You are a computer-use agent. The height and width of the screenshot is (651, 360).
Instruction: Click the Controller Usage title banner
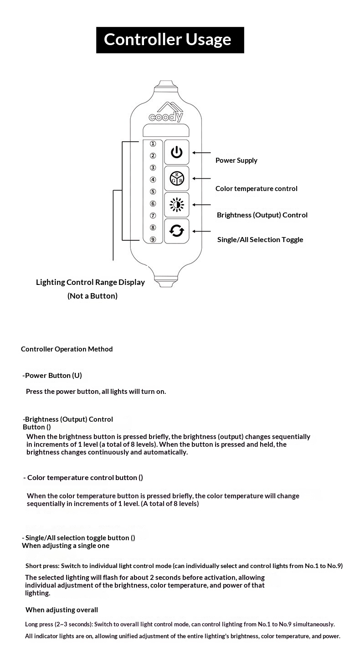pos(170,40)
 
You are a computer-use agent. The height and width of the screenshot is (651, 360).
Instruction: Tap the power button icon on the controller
pos(176,152)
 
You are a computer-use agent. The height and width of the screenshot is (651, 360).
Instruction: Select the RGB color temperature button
pos(176,178)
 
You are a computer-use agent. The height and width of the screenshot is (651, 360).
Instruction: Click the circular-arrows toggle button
pos(176,231)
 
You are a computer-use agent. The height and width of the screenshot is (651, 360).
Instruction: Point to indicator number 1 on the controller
pos(153,144)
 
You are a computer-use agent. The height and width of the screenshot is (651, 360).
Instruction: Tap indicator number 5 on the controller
pos(153,192)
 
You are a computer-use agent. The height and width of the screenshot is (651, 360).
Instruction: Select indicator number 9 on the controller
pos(153,239)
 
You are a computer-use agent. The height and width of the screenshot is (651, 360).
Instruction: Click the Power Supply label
pos(236,160)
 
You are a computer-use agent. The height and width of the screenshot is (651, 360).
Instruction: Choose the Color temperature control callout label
pos(256,189)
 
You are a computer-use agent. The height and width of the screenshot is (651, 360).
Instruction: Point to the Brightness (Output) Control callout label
pos(262,215)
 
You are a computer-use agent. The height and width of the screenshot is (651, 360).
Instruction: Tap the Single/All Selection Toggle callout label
pos(260,240)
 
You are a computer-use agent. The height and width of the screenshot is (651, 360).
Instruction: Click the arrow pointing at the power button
pos(202,153)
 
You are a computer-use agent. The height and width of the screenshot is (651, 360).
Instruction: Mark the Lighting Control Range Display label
pos(90,282)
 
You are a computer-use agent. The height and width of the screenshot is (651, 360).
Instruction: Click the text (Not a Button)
pos(93,296)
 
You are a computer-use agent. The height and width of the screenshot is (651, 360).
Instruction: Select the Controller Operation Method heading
pos(67,349)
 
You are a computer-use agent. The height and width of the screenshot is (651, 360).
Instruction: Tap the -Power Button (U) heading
pos(52,376)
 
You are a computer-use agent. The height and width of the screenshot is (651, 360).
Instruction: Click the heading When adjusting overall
pos(62,610)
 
